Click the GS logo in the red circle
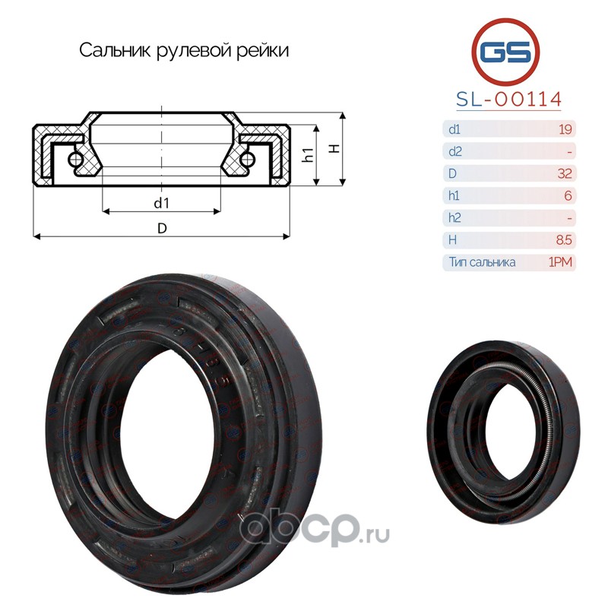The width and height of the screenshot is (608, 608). (x=505, y=52)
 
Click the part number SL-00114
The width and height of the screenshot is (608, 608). (x=508, y=100)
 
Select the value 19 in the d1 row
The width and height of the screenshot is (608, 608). (x=565, y=129)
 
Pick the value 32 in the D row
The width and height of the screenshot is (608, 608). (x=565, y=173)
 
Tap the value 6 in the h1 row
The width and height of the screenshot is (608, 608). (x=568, y=195)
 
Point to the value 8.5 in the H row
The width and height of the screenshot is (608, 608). (x=564, y=240)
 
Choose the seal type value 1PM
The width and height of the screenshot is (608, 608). (x=560, y=262)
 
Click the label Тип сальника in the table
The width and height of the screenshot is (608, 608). (x=482, y=262)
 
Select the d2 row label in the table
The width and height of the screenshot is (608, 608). (x=455, y=151)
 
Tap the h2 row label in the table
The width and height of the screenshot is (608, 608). (x=454, y=217)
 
